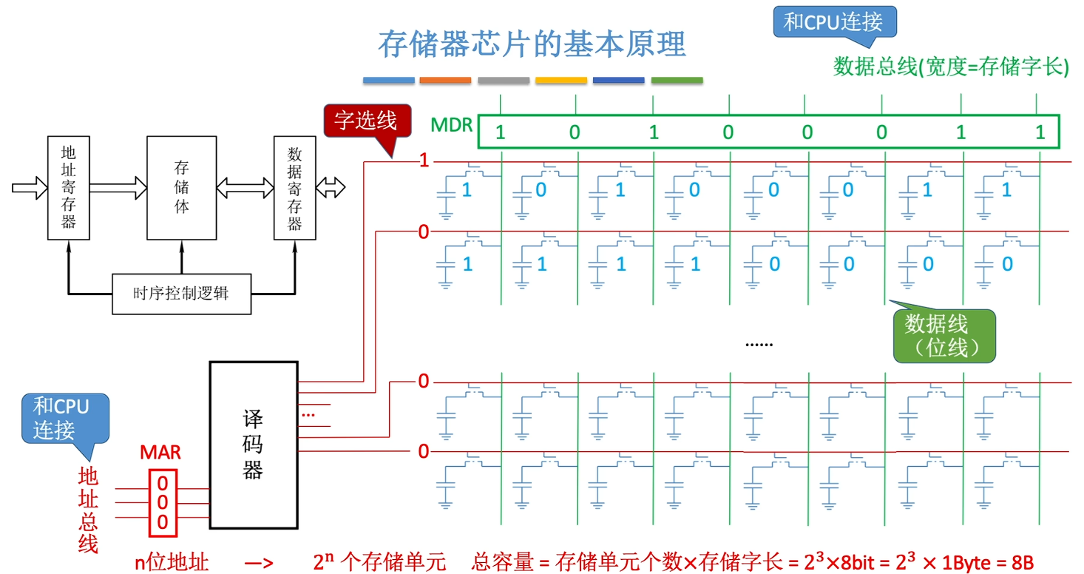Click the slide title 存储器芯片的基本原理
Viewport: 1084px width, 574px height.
(x=532, y=44)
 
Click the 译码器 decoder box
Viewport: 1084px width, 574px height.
(x=253, y=445)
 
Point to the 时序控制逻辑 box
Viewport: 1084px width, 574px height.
(x=181, y=294)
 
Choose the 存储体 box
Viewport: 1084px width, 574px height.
(x=181, y=187)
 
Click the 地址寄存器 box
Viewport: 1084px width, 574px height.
(x=68, y=187)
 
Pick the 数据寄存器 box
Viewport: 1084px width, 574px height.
(x=294, y=187)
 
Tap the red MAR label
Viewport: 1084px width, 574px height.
(x=160, y=452)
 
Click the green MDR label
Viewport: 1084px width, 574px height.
(x=453, y=125)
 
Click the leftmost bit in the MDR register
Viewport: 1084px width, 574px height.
(x=501, y=133)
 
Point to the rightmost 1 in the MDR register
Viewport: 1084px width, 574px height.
(x=1040, y=133)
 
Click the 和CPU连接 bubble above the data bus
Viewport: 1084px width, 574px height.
(x=833, y=22)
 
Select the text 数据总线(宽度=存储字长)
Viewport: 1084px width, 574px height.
(x=952, y=67)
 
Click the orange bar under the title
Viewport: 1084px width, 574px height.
(x=445, y=80)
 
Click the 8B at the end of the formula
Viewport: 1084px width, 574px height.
(x=1022, y=563)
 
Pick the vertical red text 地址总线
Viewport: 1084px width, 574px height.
(x=88, y=510)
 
